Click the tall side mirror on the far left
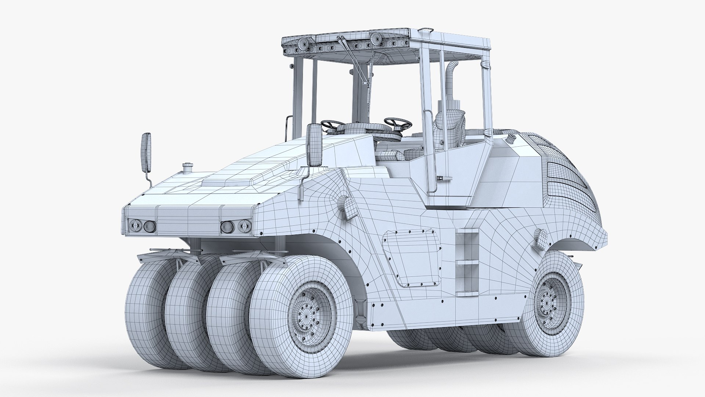[x=147, y=153]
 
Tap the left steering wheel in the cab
[x=332, y=125]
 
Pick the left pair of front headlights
[x=142, y=226]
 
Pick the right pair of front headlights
[x=236, y=226]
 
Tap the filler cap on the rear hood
[x=511, y=139]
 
